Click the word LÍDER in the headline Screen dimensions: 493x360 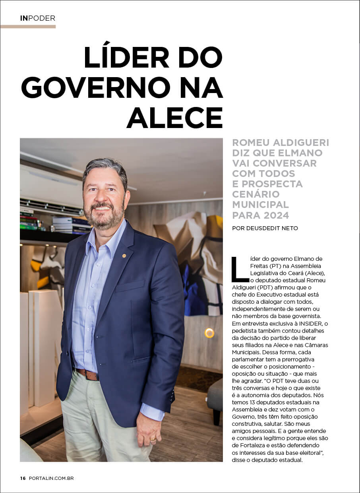(126, 58)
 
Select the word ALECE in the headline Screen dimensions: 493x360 (174, 118)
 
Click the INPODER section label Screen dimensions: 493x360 (37, 18)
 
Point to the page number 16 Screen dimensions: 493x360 (23, 478)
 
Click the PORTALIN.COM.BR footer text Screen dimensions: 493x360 (51, 478)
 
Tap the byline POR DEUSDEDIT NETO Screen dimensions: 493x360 (265, 228)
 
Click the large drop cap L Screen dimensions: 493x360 (240, 269)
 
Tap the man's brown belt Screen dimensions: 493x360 (88, 374)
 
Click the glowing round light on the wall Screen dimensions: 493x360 (209, 333)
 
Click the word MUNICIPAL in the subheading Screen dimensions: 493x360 (260, 205)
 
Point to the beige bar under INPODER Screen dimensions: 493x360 (28, 27)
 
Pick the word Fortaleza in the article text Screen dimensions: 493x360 (252, 446)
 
